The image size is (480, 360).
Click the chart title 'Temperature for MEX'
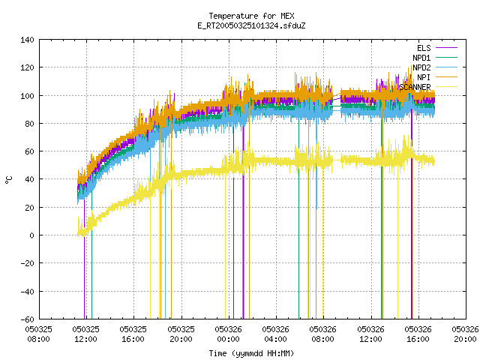coord(251,16)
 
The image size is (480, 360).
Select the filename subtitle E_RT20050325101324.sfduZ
coord(251,25)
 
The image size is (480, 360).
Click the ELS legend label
coord(424,48)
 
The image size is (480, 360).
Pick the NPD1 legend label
coord(421,58)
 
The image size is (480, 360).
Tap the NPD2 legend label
coord(421,67)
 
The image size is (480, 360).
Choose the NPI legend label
coord(424,77)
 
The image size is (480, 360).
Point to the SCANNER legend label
coord(415,87)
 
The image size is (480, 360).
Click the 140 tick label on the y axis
coord(27,40)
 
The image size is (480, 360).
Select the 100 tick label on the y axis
coord(27,96)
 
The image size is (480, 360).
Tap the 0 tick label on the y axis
coord(31,235)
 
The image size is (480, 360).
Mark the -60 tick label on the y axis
coord(27,319)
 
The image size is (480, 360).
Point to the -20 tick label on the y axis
coord(27,263)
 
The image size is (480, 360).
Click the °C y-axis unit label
coord(8,180)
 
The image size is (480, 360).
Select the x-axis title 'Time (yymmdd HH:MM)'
coord(251,353)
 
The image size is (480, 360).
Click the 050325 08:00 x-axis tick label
coord(38,334)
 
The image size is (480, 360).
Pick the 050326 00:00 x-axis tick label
coord(228,334)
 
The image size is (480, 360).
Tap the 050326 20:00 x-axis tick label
coord(465,334)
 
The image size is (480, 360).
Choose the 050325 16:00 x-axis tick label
coord(133,334)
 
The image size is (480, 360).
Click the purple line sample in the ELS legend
coord(446,48)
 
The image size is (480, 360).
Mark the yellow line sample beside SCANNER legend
coord(446,87)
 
